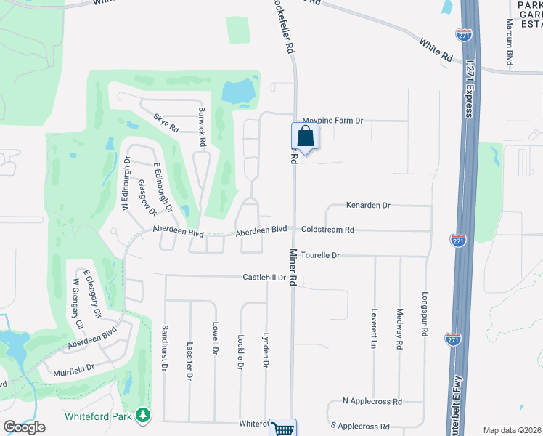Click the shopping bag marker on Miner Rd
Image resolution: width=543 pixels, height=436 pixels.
pos(306,136)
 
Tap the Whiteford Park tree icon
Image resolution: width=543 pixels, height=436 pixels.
pos(144,415)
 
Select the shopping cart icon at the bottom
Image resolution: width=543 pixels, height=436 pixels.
pos(284,429)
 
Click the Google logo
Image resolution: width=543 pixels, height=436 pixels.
pos(24,427)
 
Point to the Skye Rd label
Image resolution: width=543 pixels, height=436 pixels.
pos(166,122)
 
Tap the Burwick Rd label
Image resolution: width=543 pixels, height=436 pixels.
pos(203,128)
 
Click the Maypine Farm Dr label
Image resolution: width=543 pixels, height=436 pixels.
pos(332,120)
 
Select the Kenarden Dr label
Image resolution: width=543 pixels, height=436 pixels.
pos(368,206)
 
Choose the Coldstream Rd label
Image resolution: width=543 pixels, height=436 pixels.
pos(327,230)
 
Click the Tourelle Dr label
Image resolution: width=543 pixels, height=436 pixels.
pos(320,255)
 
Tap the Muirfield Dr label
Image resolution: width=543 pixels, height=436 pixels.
pos(74,368)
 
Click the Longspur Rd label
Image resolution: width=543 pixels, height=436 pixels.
pos(425,314)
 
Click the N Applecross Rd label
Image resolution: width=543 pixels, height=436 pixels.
pos(372,401)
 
